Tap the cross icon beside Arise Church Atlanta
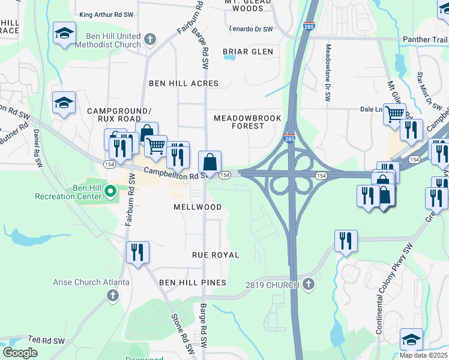click(x=112, y=295)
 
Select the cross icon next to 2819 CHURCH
click(x=309, y=284)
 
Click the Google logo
click(x=20, y=353)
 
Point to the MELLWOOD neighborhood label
click(x=197, y=207)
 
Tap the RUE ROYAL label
click(x=215, y=255)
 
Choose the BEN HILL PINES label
click(x=193, y=283)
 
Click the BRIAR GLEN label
click(x=248, y=52)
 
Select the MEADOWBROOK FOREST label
click(x=247, y=122)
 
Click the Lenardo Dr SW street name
click(x=251, y=29)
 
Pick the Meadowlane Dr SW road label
click(x=328, y=72)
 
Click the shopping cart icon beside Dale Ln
click(x=394, y=113)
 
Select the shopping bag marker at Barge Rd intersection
click(x=209, y=162)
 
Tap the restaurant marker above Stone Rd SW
click(x=137, y=252)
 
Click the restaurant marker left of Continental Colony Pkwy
click(x=346, y=241)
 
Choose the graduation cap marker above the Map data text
click(x=411, y=339)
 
